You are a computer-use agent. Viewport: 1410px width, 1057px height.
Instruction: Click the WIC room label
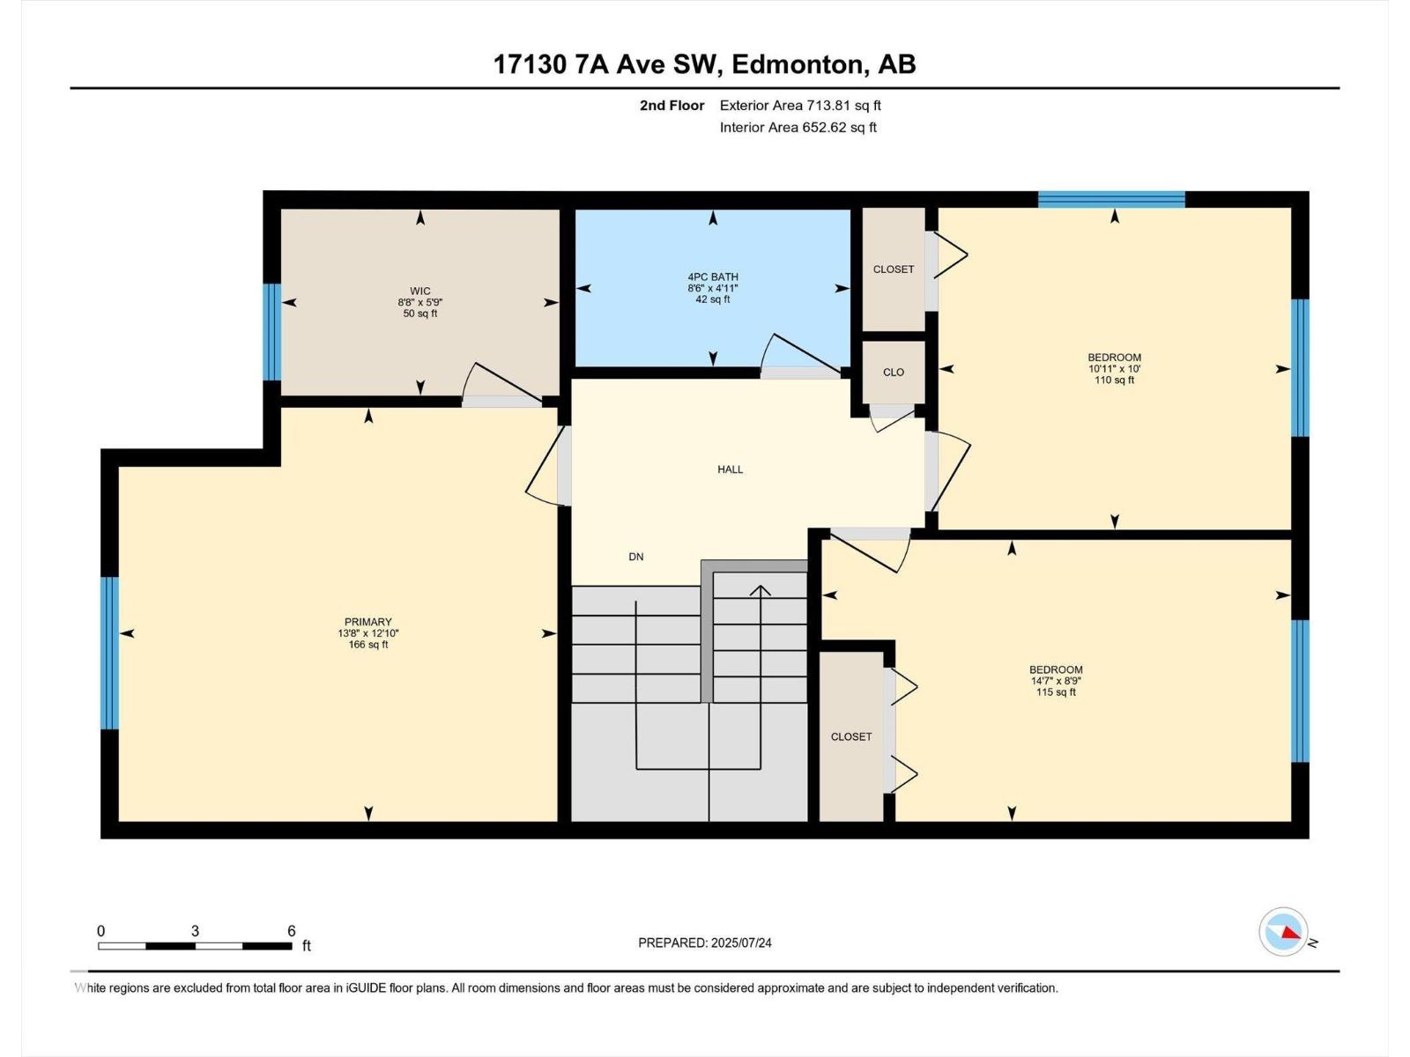click(x=420, y=291)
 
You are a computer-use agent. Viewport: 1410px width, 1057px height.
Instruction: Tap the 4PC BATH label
click(x=713, y=277)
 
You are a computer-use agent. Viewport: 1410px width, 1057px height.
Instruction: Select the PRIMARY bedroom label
click(x=367, y=622)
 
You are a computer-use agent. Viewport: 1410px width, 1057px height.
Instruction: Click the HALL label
click(x=730, y=469)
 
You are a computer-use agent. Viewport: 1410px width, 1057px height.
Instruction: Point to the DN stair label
click(x=635, y=557)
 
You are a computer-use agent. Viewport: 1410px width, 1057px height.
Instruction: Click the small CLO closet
click(x=893, y=373)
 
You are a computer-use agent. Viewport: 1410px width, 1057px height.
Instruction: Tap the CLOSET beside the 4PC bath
click(x=893, y=270)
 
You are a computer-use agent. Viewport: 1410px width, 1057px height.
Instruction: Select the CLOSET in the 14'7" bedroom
click(x=850, y=736)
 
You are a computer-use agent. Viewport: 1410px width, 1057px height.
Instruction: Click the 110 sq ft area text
click(x=1114, y=381)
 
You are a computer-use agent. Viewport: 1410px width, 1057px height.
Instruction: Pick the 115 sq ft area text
click(x=1056, y=692)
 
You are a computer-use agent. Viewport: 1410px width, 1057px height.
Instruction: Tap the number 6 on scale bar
click(x=291, y=931)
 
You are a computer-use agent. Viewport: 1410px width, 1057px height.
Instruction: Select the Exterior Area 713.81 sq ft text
click(x=800, y=106)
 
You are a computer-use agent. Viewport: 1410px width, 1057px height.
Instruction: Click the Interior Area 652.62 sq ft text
click(x=798, y=127)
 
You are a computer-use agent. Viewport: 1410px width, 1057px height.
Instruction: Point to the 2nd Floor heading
click(x=672, y=106)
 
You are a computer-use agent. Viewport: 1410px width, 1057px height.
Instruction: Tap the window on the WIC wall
click(x=272, y=332)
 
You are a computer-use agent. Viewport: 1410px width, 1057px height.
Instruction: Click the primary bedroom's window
click(x=109, y=653)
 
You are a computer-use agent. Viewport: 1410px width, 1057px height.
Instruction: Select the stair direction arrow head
click(x=760, y=589)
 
